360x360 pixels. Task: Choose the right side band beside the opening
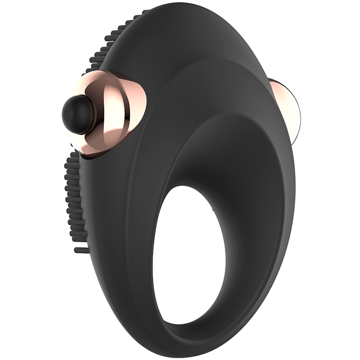(x=252, y=252)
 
